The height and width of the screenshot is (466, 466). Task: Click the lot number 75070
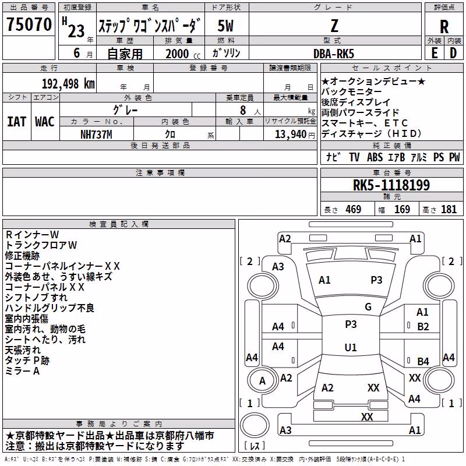29,24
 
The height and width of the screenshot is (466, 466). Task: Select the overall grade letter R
444,27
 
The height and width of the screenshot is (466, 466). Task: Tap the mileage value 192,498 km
68,84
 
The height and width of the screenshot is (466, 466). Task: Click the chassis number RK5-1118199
391,185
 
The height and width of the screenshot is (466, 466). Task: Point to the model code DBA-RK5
334,54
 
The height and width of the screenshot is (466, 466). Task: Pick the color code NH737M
96,135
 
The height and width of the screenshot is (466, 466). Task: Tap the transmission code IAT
16,122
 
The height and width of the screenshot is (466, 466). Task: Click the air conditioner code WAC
45,122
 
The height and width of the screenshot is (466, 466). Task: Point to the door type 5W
225,26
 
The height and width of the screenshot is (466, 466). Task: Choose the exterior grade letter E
435,53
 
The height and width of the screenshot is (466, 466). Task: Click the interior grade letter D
453,53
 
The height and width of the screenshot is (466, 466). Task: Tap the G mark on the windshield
368,307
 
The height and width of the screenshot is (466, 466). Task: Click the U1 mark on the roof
351,347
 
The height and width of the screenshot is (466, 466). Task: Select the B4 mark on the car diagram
423,361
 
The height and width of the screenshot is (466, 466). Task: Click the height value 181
449,209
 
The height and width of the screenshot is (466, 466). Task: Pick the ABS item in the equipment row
375,157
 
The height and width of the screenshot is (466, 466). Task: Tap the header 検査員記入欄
119,224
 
